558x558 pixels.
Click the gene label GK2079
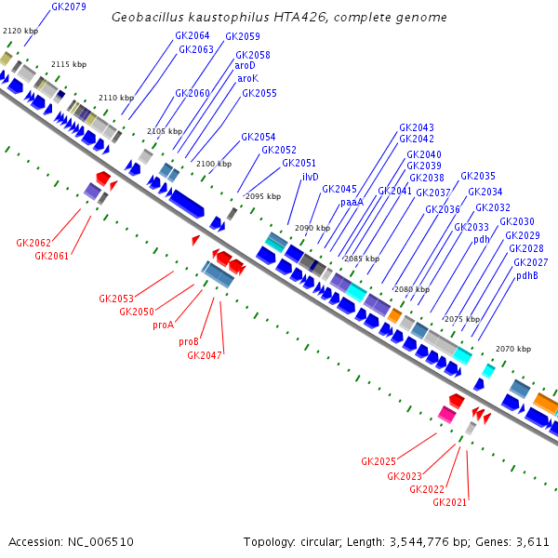(69, 7)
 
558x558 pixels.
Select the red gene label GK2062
(33, 243)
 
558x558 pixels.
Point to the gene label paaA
(352, 202)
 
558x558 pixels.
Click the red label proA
(164, 325)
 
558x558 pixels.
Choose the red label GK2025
(379, 461)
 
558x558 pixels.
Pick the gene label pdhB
(527, 275)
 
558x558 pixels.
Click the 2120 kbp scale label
(20, 32)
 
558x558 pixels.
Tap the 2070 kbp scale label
(513, 349)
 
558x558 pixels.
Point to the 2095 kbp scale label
(262, 197)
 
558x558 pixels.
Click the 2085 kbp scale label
(362, 259)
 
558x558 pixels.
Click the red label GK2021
(450, 502)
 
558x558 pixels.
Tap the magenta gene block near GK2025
(447, 413)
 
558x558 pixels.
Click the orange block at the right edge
(546, 405)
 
